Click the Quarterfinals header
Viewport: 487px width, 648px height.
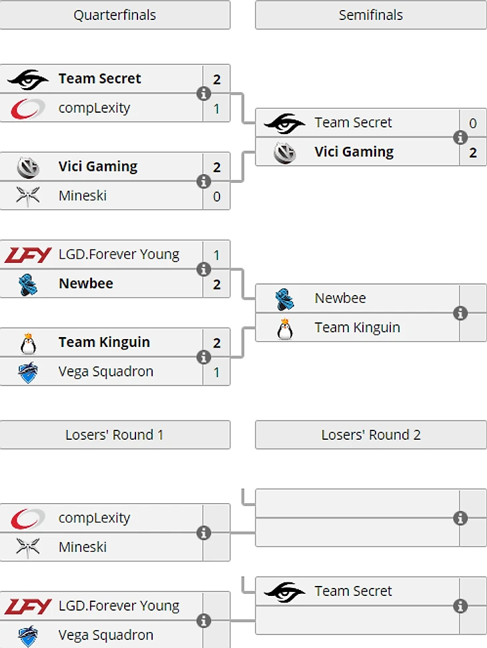115,15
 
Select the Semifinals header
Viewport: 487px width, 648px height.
371,15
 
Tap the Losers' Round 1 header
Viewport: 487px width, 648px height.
115,434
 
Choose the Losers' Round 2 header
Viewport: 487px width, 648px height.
371,434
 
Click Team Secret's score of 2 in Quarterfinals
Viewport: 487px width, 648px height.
217,79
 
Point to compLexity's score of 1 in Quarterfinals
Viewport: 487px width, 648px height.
217,108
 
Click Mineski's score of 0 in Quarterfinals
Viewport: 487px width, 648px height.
217,196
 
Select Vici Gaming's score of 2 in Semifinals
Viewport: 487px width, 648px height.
473,152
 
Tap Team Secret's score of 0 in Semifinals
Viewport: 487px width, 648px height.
473,123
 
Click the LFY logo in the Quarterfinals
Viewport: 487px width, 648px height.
28,254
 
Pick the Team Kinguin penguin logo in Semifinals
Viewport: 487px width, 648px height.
285,328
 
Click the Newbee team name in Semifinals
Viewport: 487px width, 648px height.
340,298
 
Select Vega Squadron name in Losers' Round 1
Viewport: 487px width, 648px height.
106,635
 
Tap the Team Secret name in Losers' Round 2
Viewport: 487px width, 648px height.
354,591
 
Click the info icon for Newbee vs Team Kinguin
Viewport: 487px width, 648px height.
460,313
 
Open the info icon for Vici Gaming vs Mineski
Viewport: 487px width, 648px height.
204,182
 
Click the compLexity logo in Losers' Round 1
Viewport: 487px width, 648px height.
28,518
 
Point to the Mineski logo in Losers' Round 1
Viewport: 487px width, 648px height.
28,547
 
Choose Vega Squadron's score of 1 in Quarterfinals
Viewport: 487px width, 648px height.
217,372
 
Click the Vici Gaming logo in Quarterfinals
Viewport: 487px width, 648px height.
28,167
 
